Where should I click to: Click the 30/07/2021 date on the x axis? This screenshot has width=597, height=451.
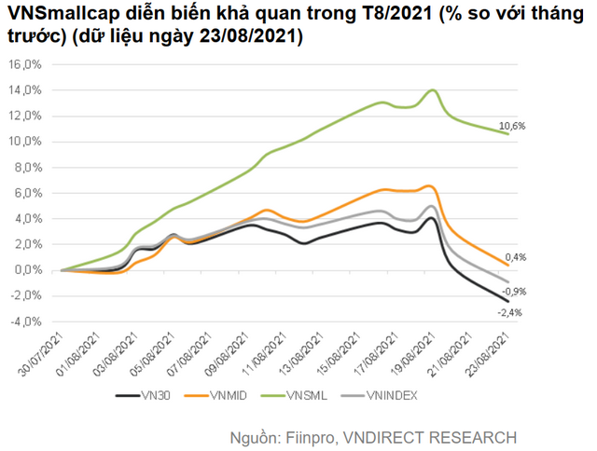click(45, 352)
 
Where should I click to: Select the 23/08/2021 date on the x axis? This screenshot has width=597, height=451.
click(491, 352)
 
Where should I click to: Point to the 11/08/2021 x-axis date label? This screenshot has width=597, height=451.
click(268, 352)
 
